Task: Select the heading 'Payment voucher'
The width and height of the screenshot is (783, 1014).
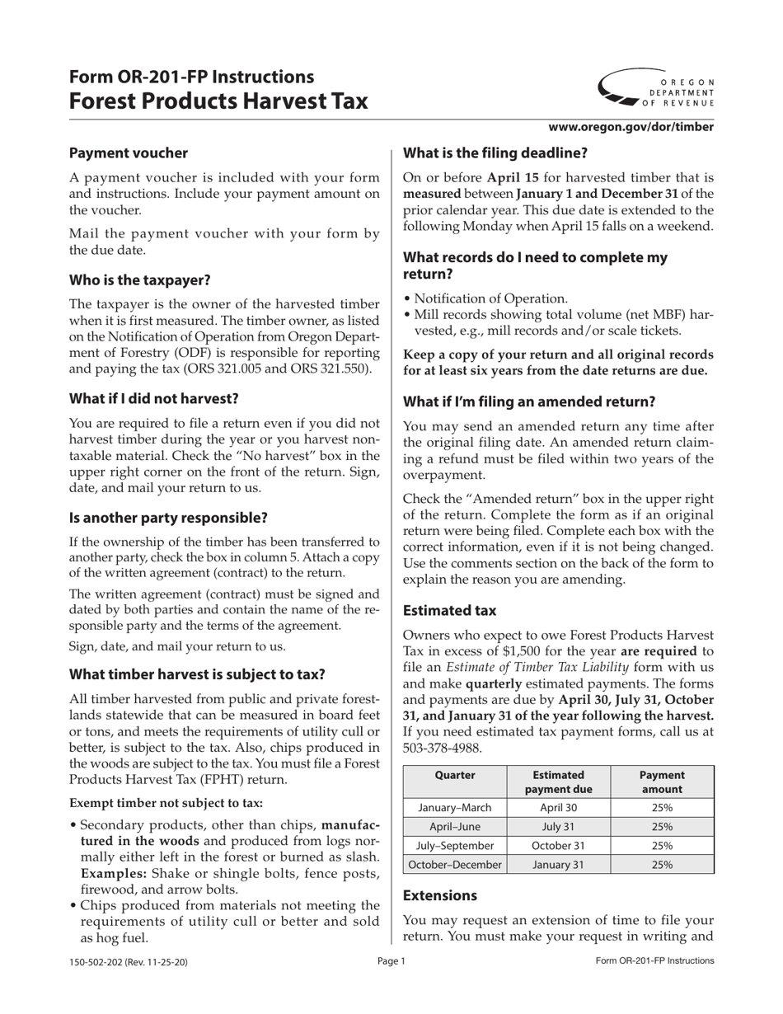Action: click(x=129, y=153)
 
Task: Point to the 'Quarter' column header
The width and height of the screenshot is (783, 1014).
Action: click(x=454, y=776)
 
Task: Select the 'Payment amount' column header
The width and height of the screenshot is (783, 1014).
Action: click(x=662, y=782)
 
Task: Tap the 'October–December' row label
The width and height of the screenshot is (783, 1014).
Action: click(x=454, y=865)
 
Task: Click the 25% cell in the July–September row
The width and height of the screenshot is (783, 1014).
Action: click(x=662, y=846)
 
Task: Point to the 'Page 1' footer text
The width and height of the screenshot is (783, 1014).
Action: click(x=391, y=961)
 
